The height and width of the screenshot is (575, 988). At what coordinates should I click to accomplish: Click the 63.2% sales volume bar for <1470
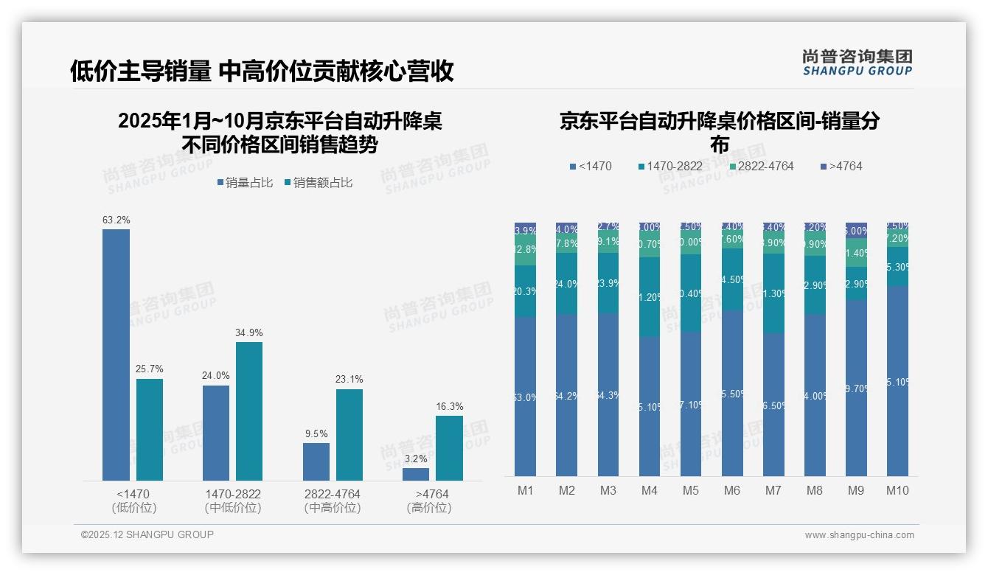pos(116,355)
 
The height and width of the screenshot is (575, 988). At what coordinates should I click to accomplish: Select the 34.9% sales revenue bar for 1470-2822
pos(249,411)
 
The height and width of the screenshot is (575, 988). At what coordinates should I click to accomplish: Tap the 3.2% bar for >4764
pos(416,474)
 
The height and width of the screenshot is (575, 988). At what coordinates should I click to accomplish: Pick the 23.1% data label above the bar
pos(349,380)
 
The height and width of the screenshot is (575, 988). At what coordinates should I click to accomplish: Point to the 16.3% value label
pos(450,406)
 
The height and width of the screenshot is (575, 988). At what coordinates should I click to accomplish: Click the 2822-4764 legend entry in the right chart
pos(760,167)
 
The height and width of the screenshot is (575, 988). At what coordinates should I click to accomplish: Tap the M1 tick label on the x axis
pos(525,491)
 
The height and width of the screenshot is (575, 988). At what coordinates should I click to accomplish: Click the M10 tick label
pos(897,491)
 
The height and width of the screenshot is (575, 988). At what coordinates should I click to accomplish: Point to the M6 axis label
pos(732,491)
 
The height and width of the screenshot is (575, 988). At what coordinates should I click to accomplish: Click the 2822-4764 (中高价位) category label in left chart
pos(333,501)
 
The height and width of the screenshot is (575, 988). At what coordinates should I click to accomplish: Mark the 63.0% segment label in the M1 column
pos(525,397)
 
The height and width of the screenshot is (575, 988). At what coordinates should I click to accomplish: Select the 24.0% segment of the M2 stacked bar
pos(567,284)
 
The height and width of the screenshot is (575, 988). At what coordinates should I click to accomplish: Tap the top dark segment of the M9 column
pos(856,230)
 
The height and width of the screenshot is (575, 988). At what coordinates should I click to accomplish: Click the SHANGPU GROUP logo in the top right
pos(857,63)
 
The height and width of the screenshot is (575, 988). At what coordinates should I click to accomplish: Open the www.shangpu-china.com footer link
pos(859,535)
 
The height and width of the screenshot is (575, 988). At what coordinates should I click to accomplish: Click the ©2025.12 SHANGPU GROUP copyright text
pos(147,535)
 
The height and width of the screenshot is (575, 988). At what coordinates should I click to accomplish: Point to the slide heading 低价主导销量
pos(140,71)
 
